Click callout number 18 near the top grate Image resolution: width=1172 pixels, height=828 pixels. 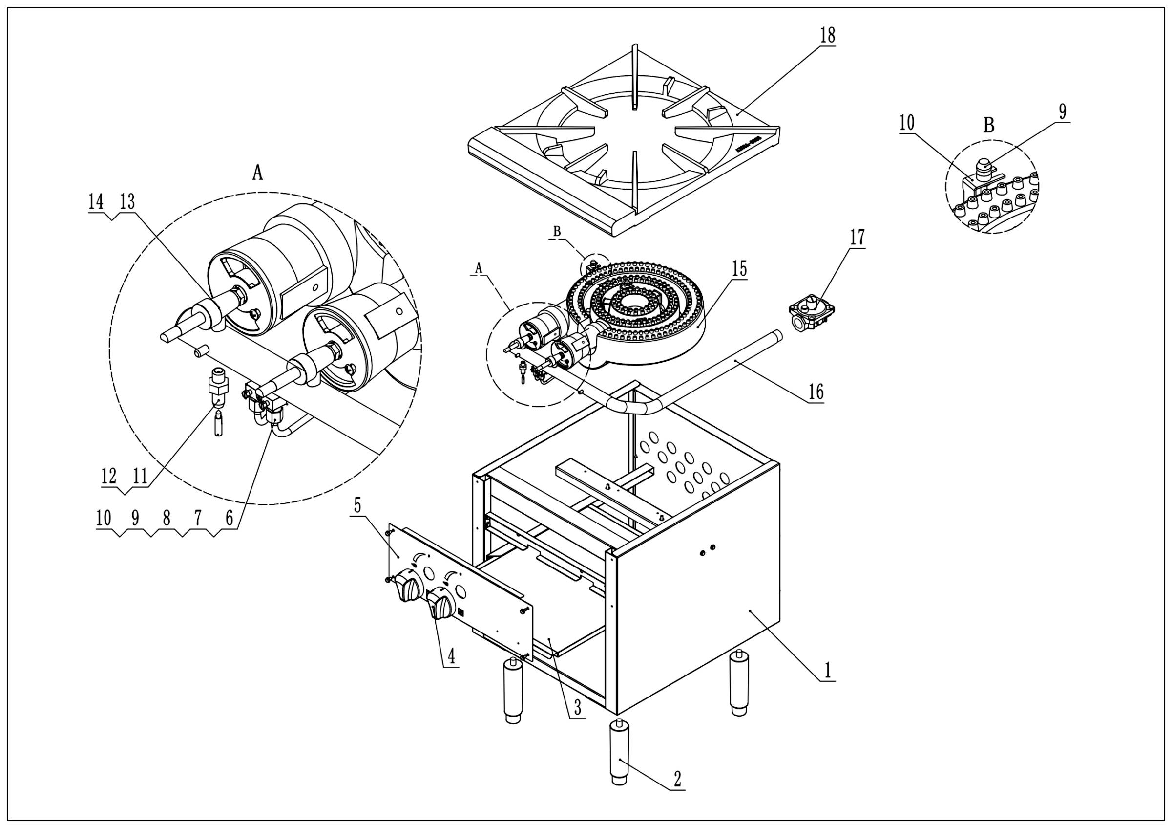click(827, 35)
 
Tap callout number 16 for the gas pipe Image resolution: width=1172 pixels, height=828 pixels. click(816, 392)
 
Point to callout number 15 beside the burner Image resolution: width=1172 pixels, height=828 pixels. click(740, 269)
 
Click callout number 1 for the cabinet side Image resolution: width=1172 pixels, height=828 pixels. click(827, 670)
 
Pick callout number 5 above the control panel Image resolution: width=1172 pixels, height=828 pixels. click(357, 506)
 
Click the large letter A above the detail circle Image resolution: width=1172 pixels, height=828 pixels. click(258, 174)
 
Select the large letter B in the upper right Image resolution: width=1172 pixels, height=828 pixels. click(988, 125)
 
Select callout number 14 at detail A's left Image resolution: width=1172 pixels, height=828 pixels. click(95, 202)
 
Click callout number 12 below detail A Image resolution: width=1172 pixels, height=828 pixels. click(109, 476)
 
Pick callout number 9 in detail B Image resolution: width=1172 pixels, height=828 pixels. click(1062, 111)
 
